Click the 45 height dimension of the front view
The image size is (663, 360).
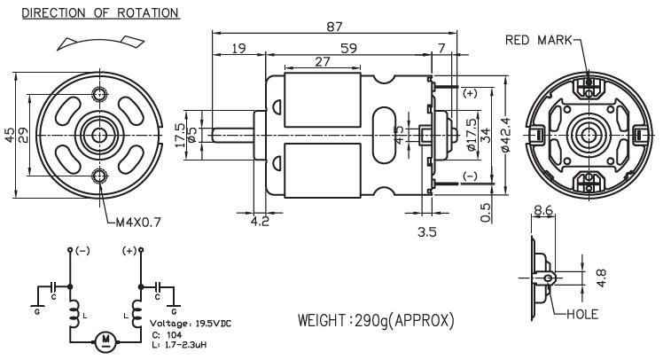click(x=9, y=136)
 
